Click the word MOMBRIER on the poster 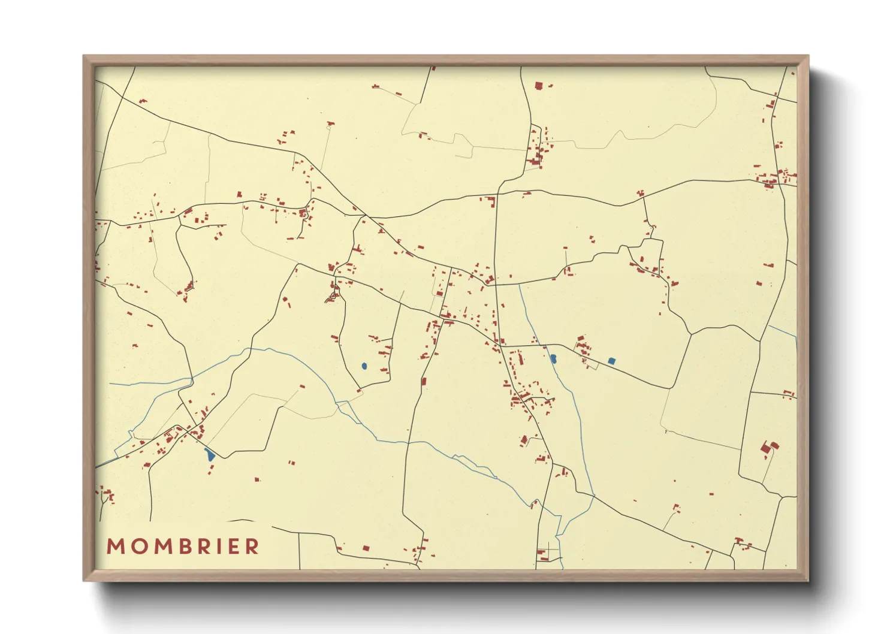(x=183, y=547)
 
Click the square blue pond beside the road (x=611, y=361)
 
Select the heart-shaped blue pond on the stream (x=553, y=358)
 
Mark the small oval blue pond (x=364, y=366)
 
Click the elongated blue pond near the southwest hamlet (x=209, y=454)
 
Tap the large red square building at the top (x=538, y=86)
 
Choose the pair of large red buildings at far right (x=769, y=447)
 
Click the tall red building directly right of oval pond (x=424, y=381)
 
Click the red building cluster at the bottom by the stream (x=543, y=555)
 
